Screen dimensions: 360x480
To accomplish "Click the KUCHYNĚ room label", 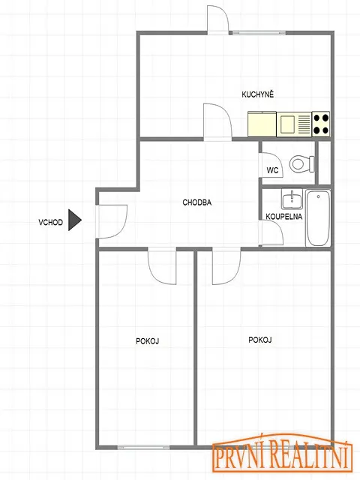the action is point(257,94).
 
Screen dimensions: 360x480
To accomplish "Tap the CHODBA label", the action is point(196,202).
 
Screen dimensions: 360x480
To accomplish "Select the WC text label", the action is point(272,170).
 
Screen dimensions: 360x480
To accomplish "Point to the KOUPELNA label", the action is point(283,217).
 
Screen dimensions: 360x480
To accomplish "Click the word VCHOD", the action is point(50,222).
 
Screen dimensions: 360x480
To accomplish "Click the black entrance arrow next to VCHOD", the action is point(74,220).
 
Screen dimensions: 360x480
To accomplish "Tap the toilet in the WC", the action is point(301,163).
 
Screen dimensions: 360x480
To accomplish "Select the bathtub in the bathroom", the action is point(318,218).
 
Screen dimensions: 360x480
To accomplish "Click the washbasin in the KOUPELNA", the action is point(292,199).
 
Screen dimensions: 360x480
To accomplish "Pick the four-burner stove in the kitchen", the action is point(321,124).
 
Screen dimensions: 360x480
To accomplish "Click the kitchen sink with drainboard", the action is point(294,124).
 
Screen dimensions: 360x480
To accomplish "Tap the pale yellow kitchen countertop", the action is point(262,124).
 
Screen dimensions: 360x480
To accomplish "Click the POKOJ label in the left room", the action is point(147,341).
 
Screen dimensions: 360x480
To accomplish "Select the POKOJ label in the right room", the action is point(260,340).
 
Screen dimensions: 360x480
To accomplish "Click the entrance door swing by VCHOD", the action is point(112,221).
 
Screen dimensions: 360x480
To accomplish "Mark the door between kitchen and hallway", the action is point(217,122).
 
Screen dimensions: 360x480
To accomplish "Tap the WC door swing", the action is point(271,165).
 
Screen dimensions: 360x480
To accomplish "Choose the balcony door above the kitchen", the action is point(217,19).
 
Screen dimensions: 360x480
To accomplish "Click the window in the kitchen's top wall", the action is point(259,32).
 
